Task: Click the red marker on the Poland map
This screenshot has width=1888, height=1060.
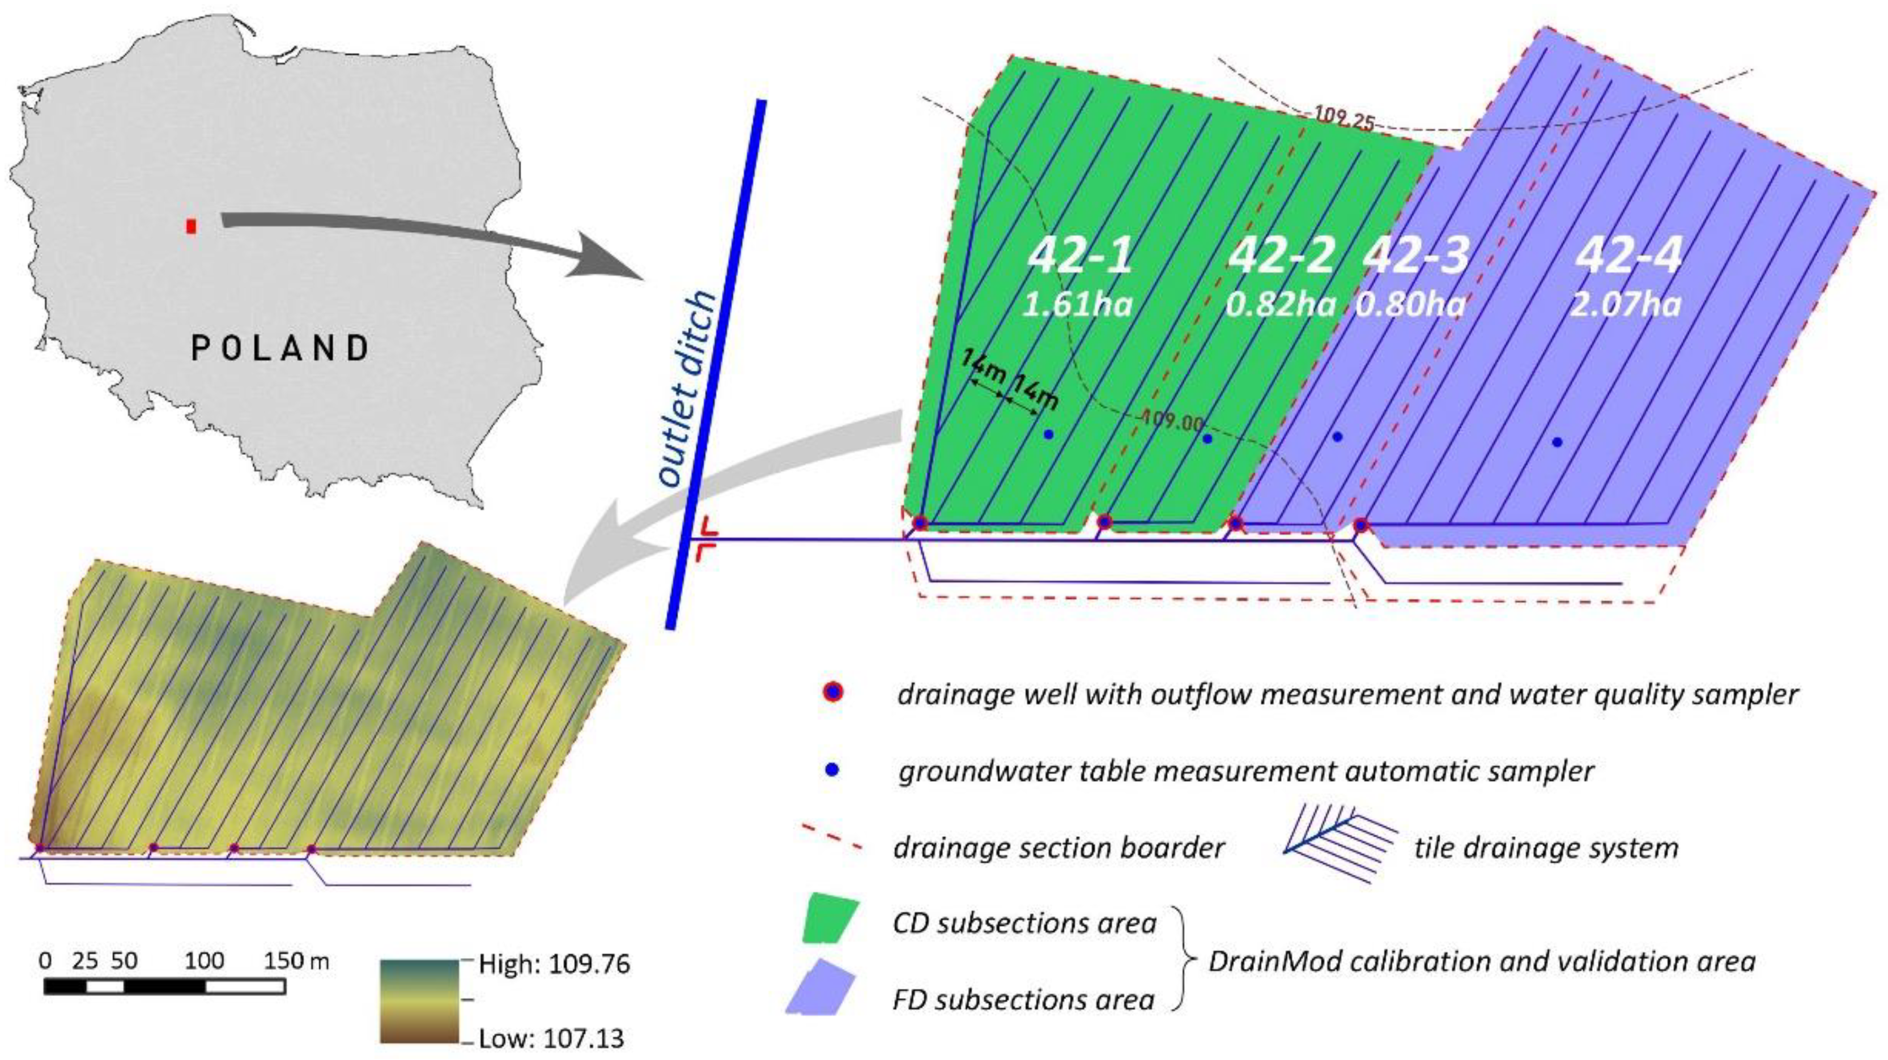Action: (x=192, y=227)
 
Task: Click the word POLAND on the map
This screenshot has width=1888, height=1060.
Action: (x=280, y=348)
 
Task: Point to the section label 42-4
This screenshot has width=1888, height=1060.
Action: (x=1628, y=256)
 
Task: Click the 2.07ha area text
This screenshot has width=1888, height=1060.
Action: (x=1626, y=304)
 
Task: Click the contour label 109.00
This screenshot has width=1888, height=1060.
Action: (x=1173, y=422)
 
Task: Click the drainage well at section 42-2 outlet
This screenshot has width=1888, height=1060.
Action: (x=1104, y=522)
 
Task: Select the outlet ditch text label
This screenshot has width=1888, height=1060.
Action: (x=687, y=389)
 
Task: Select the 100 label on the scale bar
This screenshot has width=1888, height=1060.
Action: (x=204, y=960)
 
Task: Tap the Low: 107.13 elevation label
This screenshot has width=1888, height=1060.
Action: (x=551, y=1038)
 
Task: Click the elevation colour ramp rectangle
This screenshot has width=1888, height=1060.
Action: (x=419, y=1001)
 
